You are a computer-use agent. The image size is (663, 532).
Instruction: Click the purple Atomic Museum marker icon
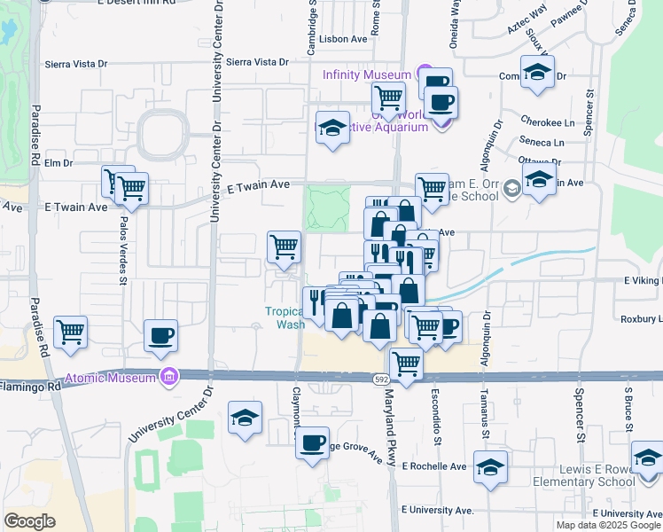[168, 377]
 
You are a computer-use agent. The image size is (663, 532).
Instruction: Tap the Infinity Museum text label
[366, 75]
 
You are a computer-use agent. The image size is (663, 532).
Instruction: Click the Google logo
[29, 520]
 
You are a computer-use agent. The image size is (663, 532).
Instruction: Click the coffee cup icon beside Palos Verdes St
[161, 335]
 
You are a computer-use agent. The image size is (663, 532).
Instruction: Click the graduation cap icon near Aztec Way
[537, 73]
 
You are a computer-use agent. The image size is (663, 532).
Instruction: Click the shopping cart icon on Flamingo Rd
[406, 363]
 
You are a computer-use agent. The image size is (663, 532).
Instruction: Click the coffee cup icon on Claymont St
[311, 442]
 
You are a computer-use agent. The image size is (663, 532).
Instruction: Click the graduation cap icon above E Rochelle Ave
[489, 467]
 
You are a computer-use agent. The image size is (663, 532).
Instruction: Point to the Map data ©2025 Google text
[607, 525]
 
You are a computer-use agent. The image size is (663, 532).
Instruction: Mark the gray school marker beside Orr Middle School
[511, 188]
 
